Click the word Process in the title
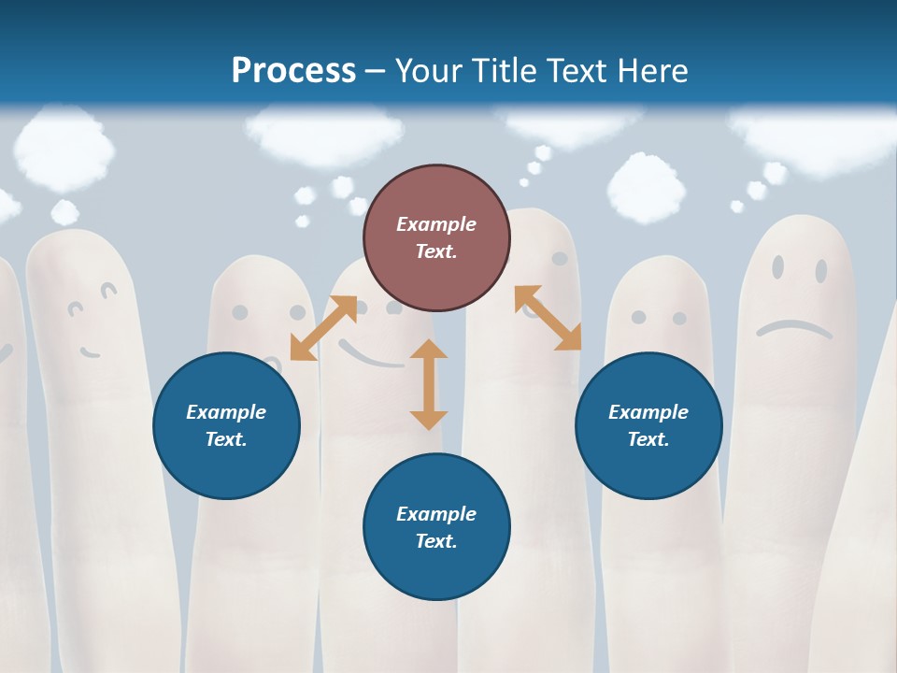(x=293, y=71)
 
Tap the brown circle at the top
(x=436, y=238)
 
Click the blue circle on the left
(x=226, y=425)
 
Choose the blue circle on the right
(x=648, y=425)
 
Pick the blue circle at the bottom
(x=436, y=527)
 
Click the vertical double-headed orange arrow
(x=429, y=384)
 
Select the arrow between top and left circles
(x=323, y=327)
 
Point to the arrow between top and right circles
(x=548, y=318)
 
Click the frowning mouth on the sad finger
(x=793, y=327)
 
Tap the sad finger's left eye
(x=777, y=267)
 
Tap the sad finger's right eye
(x=820, y=271)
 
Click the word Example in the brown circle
(x=436, y=224)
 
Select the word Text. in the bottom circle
(x=436, y=541)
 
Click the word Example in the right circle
(x=648, y=412)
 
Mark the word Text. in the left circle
(x=226, y=439)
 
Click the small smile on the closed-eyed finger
(x=90, y=352)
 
